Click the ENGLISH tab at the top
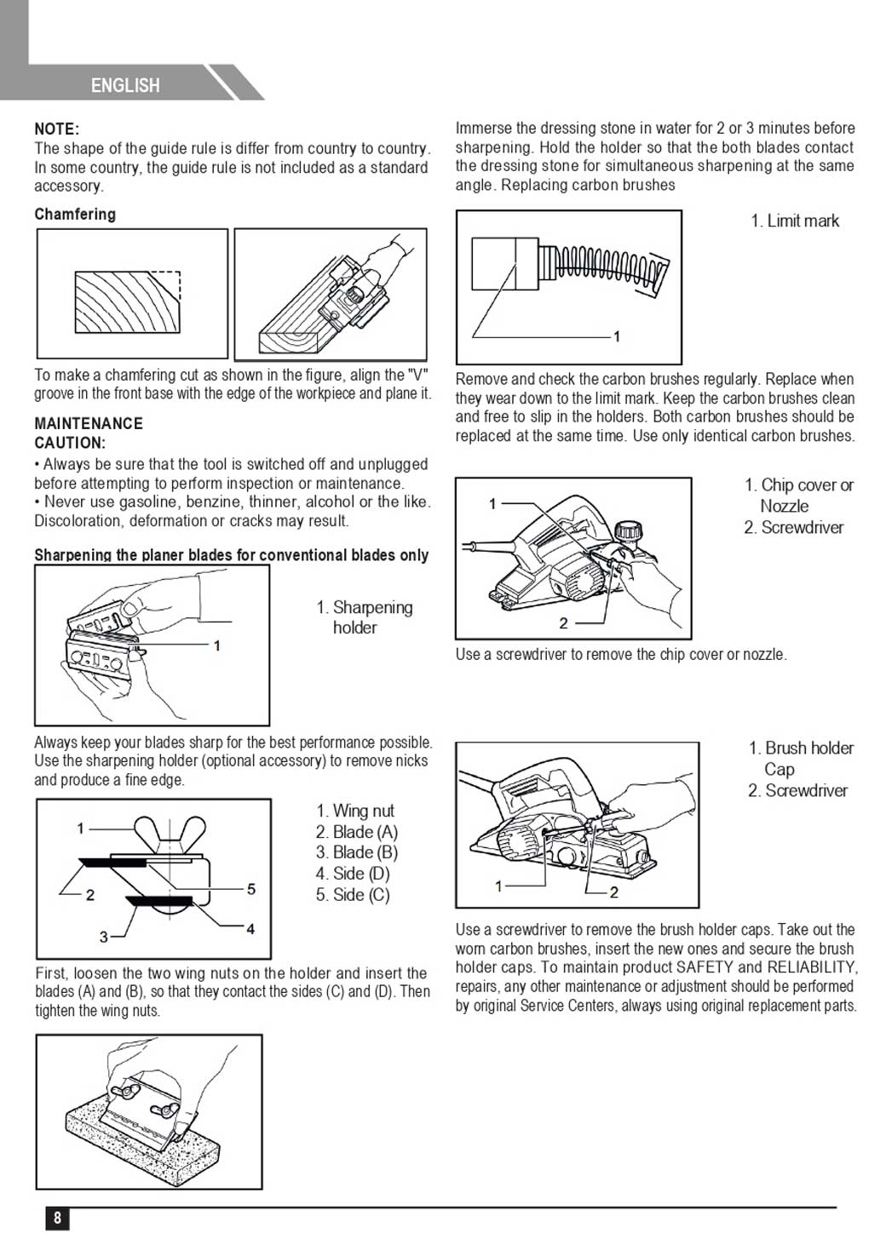125,85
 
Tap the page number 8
57,1218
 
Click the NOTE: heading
56,129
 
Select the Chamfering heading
75,214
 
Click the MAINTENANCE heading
89,423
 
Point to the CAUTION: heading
70,443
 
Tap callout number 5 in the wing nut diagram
251,889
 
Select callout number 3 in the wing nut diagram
103,937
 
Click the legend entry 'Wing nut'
354,811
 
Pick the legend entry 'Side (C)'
353,895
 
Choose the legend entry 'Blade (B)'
356,852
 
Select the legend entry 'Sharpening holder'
364,617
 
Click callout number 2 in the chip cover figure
563,623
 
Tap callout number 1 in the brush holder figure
498,886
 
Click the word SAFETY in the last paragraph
705,967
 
